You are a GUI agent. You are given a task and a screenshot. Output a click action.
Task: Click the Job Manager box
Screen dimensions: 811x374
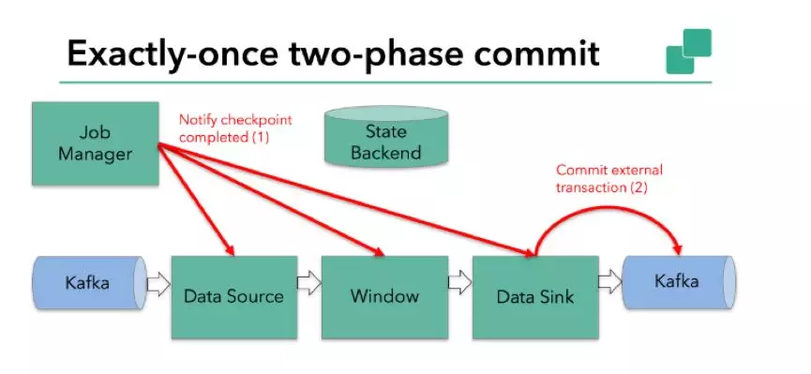[96, 143]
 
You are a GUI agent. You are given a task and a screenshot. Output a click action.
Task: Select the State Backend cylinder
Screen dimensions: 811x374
[386, 137]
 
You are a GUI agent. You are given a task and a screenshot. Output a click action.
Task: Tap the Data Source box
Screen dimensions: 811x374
[234, 297]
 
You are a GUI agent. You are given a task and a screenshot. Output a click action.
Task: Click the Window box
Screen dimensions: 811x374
[384, 297]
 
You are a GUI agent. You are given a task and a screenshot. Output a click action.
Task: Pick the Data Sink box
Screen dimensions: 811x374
[535, 297]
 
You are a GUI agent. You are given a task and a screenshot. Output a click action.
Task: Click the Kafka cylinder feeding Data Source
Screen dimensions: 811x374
[89, 283]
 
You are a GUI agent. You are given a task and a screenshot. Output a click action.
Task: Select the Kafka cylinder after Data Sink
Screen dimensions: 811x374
[679, 282]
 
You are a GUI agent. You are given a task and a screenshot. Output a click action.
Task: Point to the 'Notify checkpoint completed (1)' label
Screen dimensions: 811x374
[235, 128]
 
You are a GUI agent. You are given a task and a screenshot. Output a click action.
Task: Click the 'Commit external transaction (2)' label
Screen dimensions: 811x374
[609, 178]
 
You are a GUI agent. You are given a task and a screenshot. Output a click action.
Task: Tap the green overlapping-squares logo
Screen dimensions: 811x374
[688, 52]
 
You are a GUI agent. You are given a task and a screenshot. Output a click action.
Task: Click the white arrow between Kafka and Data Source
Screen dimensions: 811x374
[158, 284]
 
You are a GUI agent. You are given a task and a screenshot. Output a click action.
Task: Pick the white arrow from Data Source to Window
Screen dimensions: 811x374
[309, 284]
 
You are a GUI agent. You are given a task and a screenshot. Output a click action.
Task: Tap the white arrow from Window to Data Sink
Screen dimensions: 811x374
[459, 282]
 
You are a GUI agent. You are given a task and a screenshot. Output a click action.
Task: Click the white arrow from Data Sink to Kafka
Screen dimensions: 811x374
[610, 282]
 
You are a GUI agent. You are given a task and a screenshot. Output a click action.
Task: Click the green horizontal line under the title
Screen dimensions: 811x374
[385, 82]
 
